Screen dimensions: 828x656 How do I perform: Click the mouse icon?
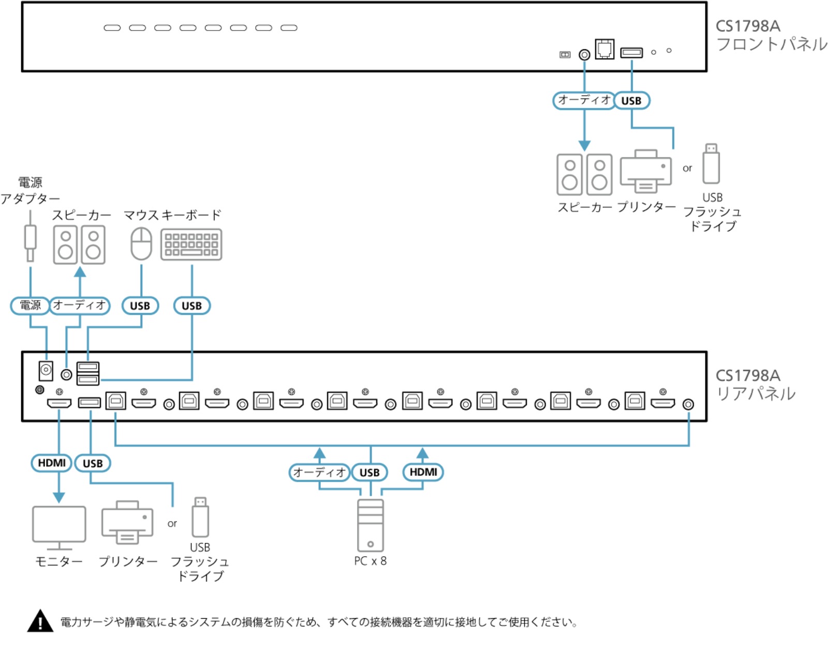(x=141, y=244)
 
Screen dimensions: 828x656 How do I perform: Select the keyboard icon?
(x=191, y=245)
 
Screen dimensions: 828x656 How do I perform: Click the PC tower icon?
(x=370, y=525)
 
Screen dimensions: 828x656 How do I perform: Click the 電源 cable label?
(x=30, y=306)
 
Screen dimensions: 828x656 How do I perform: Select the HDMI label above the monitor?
(x=52, y=463)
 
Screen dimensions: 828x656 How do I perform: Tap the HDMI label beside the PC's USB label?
(x=423, y=472)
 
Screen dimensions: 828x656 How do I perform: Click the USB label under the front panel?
(x=631, y=101)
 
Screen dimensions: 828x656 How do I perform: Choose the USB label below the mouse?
(x=140, y=306)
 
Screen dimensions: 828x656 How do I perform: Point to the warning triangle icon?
(x=40, y=621)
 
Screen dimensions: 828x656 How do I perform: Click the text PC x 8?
(x=370, y=561)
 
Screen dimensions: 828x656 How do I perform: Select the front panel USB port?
(x=631, y=52)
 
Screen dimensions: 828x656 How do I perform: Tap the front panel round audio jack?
(x=584, y=55)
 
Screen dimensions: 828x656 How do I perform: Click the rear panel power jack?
(x=46, y=370)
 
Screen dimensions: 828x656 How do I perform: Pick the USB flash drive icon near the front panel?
(x=711, y=163)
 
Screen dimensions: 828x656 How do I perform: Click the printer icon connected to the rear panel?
(x=127, y=522)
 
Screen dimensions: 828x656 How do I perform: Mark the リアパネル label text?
(x=757, y=394)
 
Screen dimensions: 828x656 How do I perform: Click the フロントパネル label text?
(x=772, y=44)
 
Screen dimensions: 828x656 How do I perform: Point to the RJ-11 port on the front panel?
(x=604, y=49)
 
